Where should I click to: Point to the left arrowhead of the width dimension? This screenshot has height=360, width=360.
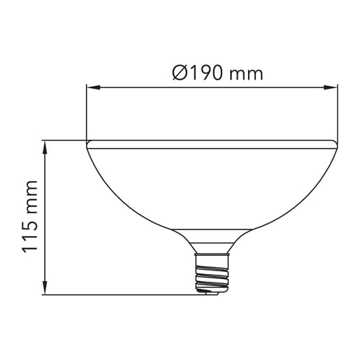[91, 87]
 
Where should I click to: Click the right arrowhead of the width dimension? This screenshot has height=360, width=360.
[333, 87]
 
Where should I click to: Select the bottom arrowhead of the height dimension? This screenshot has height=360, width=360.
[45, 289]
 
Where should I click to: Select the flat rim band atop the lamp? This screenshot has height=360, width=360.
[212, 144]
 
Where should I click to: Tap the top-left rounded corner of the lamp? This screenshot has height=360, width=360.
[89, 145]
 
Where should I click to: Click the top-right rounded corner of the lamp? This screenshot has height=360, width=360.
[336, 145]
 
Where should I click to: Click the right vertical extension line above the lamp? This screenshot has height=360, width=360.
[338, 112]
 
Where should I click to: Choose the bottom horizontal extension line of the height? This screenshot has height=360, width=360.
[126, 294]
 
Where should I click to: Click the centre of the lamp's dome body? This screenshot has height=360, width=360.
[212, 185]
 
